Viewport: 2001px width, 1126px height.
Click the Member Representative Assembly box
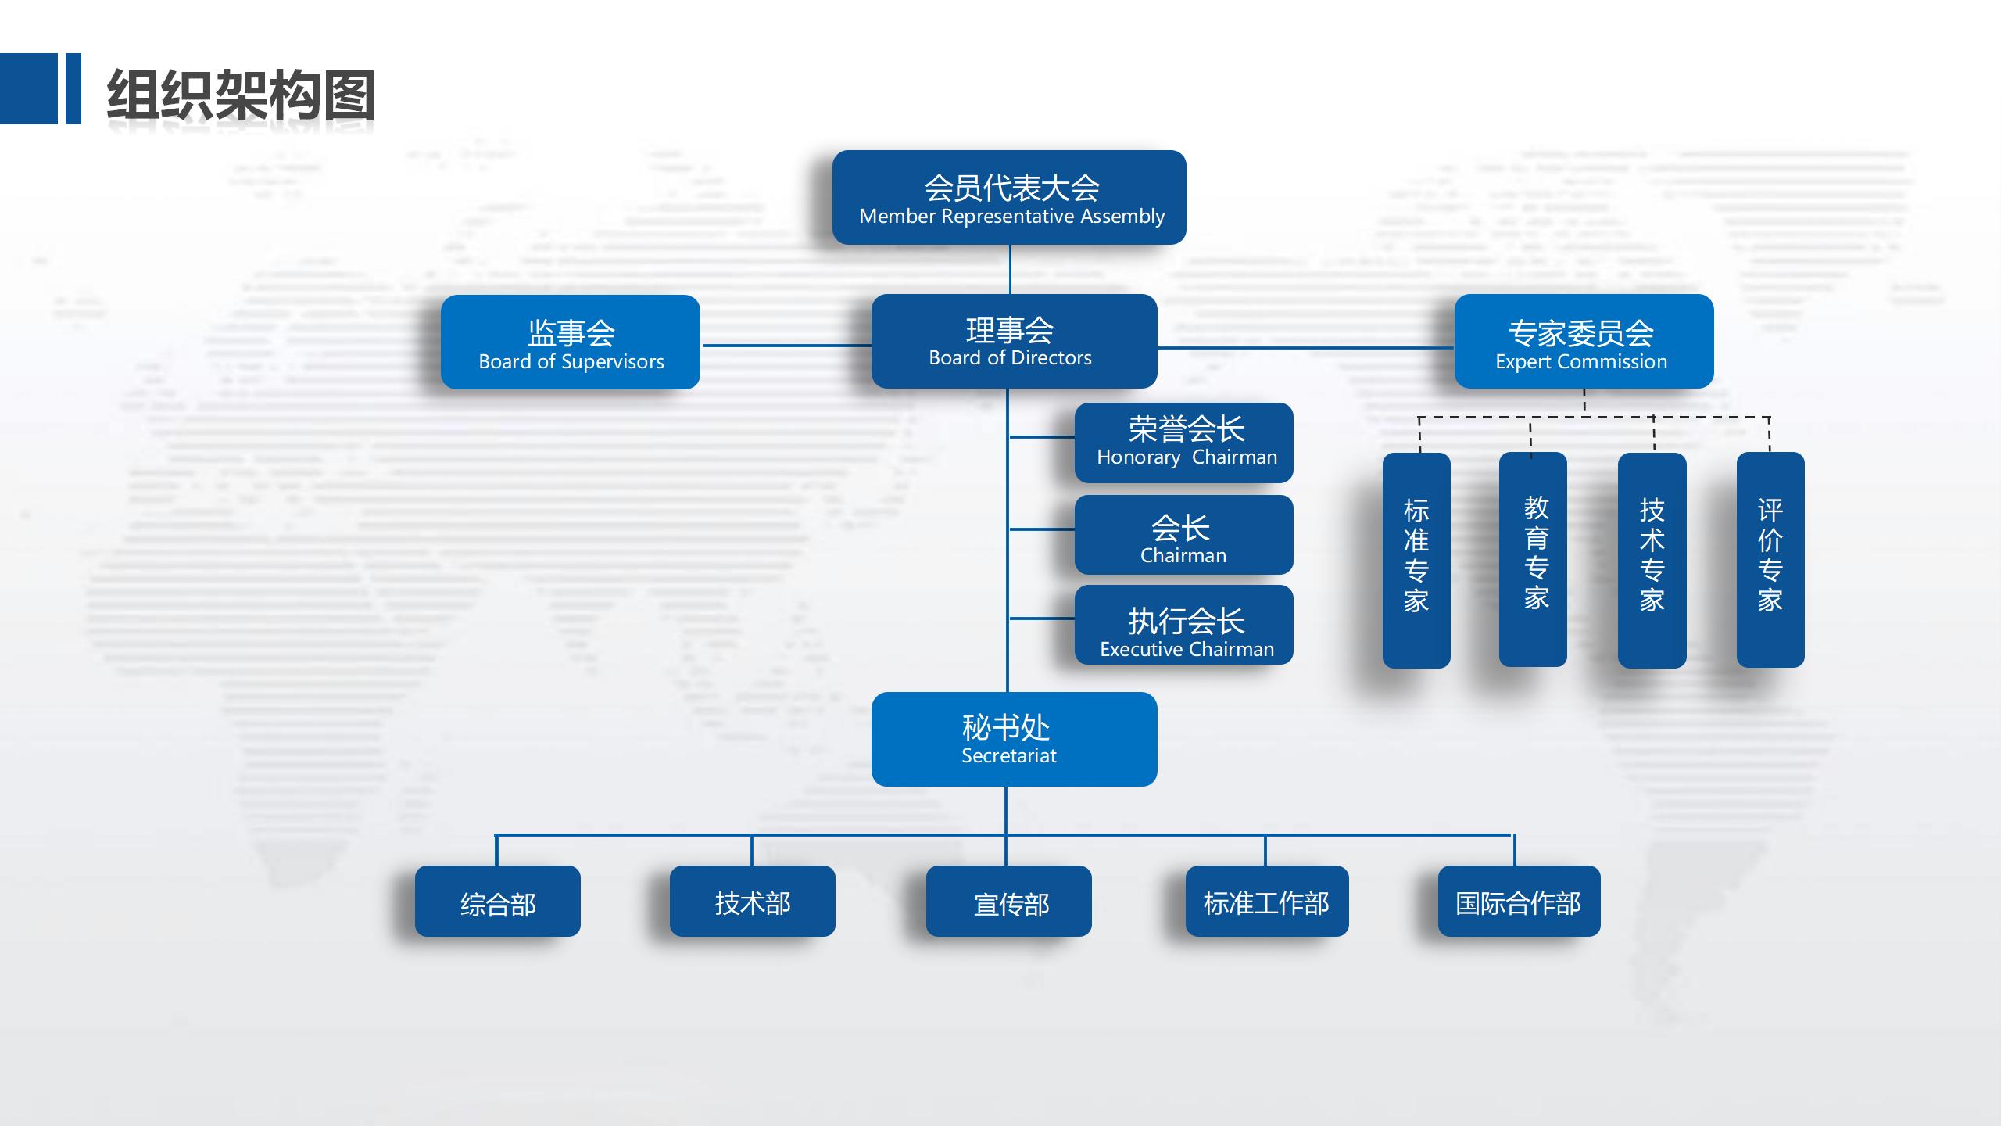click(1009, 197)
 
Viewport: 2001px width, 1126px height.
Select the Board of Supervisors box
click(571, 342)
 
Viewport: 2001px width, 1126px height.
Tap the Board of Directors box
click(1014, 341)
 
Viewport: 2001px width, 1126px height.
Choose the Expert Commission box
click(1584, 341)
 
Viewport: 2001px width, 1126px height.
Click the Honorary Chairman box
click(1183, 443)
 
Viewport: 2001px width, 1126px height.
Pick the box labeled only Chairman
click(1183, 535)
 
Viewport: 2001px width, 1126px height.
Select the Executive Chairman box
click(1183, 625)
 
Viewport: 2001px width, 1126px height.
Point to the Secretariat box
click(1014, 739)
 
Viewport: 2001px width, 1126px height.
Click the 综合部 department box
click(498, 901)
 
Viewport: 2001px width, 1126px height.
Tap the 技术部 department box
click(753, 901)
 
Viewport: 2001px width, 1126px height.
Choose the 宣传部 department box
click(1009, 901)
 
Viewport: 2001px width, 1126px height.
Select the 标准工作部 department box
click(1267, 901)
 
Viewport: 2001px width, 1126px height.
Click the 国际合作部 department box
click(1520, 901)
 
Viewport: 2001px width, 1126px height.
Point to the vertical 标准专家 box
click(1416, 560)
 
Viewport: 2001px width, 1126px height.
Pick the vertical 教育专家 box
click(1533, 560)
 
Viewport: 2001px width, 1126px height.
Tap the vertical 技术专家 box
click(1652, 560)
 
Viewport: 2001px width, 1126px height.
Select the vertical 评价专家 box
click(1770, 560)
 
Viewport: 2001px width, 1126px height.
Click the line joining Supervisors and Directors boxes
click(786, 345)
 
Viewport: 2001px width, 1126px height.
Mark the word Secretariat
click(1008, 755)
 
